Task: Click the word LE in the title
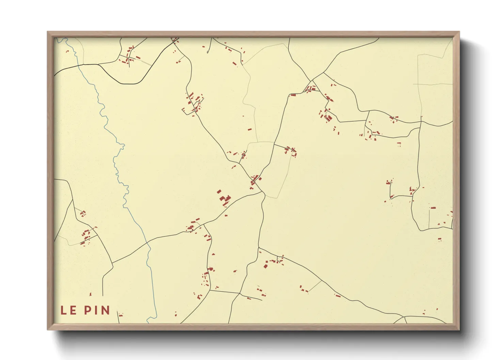[x=68, y=310]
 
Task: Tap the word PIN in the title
[x=97, y=310]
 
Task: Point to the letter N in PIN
[x=106, y=310]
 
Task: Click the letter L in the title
[x=63, y=310]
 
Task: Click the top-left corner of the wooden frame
[x=48, y=32]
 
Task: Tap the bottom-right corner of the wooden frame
[x=459, y=329]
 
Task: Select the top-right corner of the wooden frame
[x=459, y=32]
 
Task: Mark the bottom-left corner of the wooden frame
[x=48, y=329]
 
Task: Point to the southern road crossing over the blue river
[x=148, y=242]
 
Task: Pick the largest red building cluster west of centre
[x=224, y=199]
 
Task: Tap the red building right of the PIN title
[x=120, y=315]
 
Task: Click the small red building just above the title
[x=91, y=294]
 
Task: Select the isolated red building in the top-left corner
[x=67, y=51]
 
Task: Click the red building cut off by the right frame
[x=452, y=213]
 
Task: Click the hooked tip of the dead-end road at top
[x=208, y=52]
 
